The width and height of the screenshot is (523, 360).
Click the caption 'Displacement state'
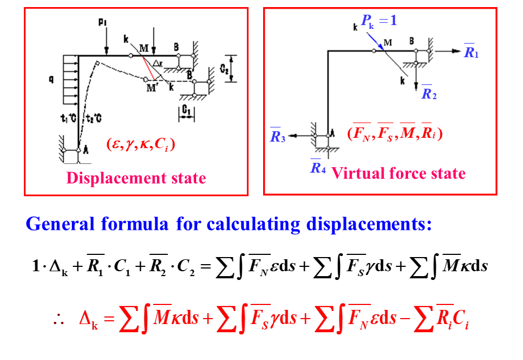click(x=136, y=178)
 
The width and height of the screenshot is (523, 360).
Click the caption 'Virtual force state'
click(x=398, y=173)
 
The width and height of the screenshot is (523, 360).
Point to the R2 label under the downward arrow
click(x=429, y=94)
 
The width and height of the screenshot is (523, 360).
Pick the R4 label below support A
click(x=318, y=168)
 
